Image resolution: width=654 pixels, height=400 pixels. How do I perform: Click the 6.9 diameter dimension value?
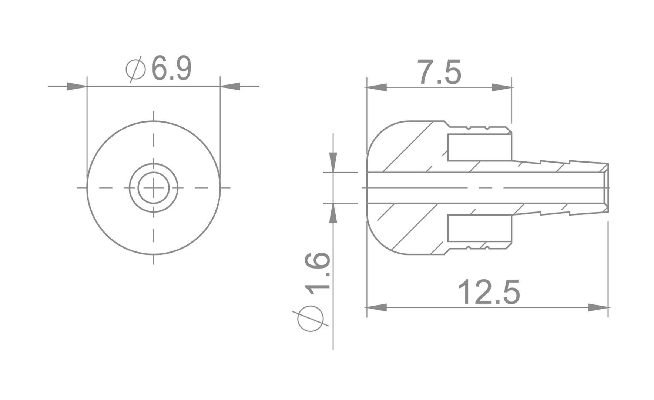pyautogui.click(x=172, y=69)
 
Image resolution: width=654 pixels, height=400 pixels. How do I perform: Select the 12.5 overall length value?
pyautogui.click(x=489, y=292)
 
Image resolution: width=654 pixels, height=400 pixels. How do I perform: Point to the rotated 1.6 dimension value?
pyautogui.click(x=317, y=271)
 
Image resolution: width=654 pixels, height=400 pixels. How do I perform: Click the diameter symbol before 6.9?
pyautogui.click(x=135, y=69)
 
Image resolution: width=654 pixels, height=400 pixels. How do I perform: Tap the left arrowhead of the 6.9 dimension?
pyautogui.click(x=77, y=87)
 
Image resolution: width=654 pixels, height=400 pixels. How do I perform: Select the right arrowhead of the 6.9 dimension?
pyautogui.click(x=230, y=87)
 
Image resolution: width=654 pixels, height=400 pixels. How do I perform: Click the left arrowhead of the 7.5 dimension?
pyautogui.click(x=376, y=87)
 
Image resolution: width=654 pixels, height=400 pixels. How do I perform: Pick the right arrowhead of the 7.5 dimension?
pyautogui.click(x=502, y=87)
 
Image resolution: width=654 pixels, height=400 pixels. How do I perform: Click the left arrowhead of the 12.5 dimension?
pyautogui.click(x=376, y=307)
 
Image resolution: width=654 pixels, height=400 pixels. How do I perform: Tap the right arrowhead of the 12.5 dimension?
pyautogui.click(x=598, y=307)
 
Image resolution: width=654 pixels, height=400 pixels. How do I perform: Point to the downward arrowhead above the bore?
pyautogui.click(x=333, y=162)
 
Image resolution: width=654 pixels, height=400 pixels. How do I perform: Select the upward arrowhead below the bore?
pyautogui.click(x=333, y=214)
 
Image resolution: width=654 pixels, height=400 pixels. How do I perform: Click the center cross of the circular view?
pyautogui.click(x=154, y=188)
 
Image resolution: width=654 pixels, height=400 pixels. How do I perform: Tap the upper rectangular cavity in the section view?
pyautogui.click(x=480, y=147)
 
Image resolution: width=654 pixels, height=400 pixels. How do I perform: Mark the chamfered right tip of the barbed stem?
pyautogui.click(x=606, y=188)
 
